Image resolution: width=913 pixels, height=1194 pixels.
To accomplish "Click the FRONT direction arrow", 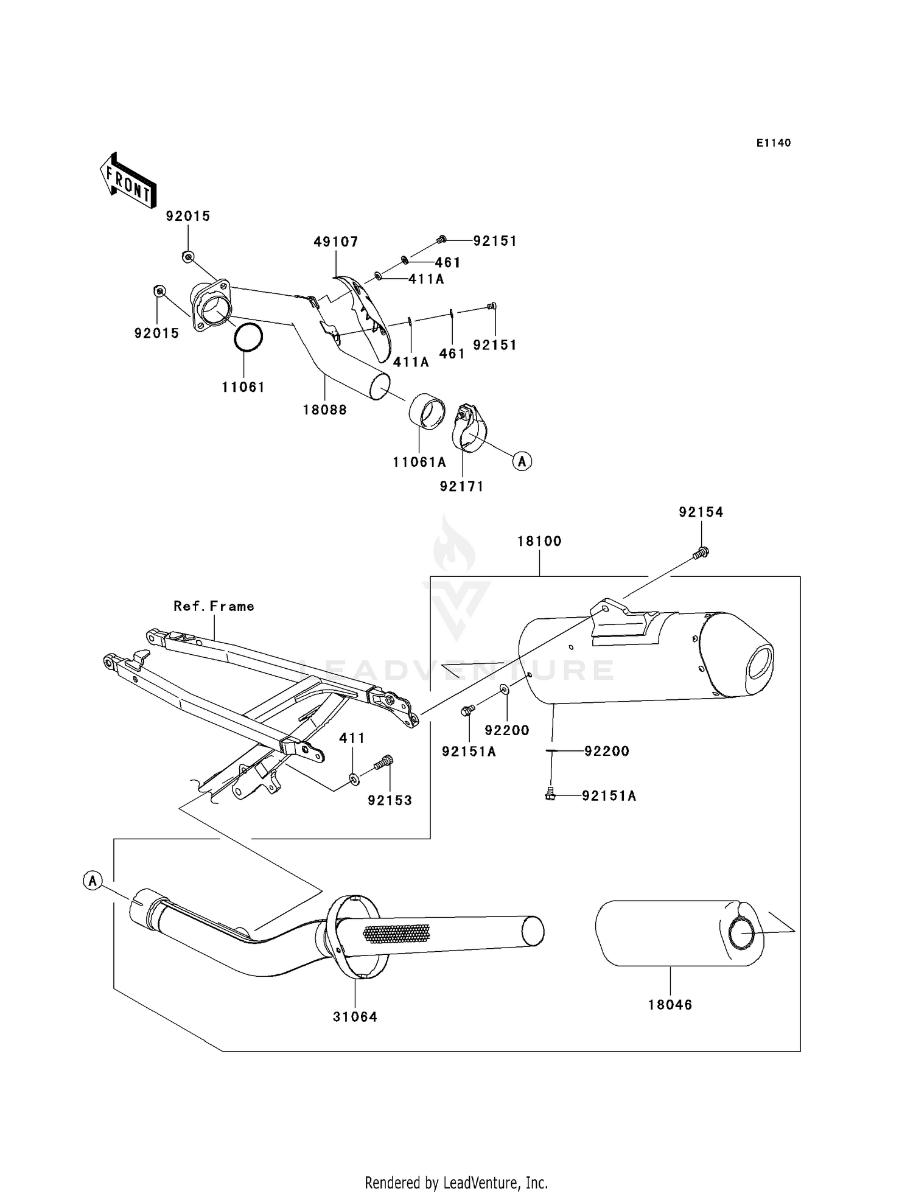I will click(x=128, y=181).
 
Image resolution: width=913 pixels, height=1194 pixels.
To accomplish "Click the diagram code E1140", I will click(x=773, y=143).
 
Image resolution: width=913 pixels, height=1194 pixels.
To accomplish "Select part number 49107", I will click(x=336, y=242).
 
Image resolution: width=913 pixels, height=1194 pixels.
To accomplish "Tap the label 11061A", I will click(x=419, y=462).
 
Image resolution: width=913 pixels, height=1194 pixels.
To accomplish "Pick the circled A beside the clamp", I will click(x=522, y=461).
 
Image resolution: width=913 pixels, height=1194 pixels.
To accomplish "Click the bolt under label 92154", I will click(x=701, y=553).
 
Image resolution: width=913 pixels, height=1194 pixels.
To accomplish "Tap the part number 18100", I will click(x=539, y=541).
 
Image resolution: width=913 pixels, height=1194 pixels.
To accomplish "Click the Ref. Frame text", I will click(x=214, y=606).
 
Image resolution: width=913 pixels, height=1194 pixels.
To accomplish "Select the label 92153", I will click(x=390, y=801).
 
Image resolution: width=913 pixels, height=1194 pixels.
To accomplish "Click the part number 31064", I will click(x=355, y=1017).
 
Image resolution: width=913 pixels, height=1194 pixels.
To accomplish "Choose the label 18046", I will click(x=670, y=1005).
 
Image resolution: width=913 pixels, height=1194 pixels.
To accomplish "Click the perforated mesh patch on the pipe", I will click(x=396, y=932).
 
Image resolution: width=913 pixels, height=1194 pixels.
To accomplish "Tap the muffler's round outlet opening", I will click(x=759, y=663).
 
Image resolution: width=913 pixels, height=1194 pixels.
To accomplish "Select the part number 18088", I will click(x=325, y=410).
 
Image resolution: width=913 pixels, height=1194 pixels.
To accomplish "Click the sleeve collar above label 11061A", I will click(x=426, y=412).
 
